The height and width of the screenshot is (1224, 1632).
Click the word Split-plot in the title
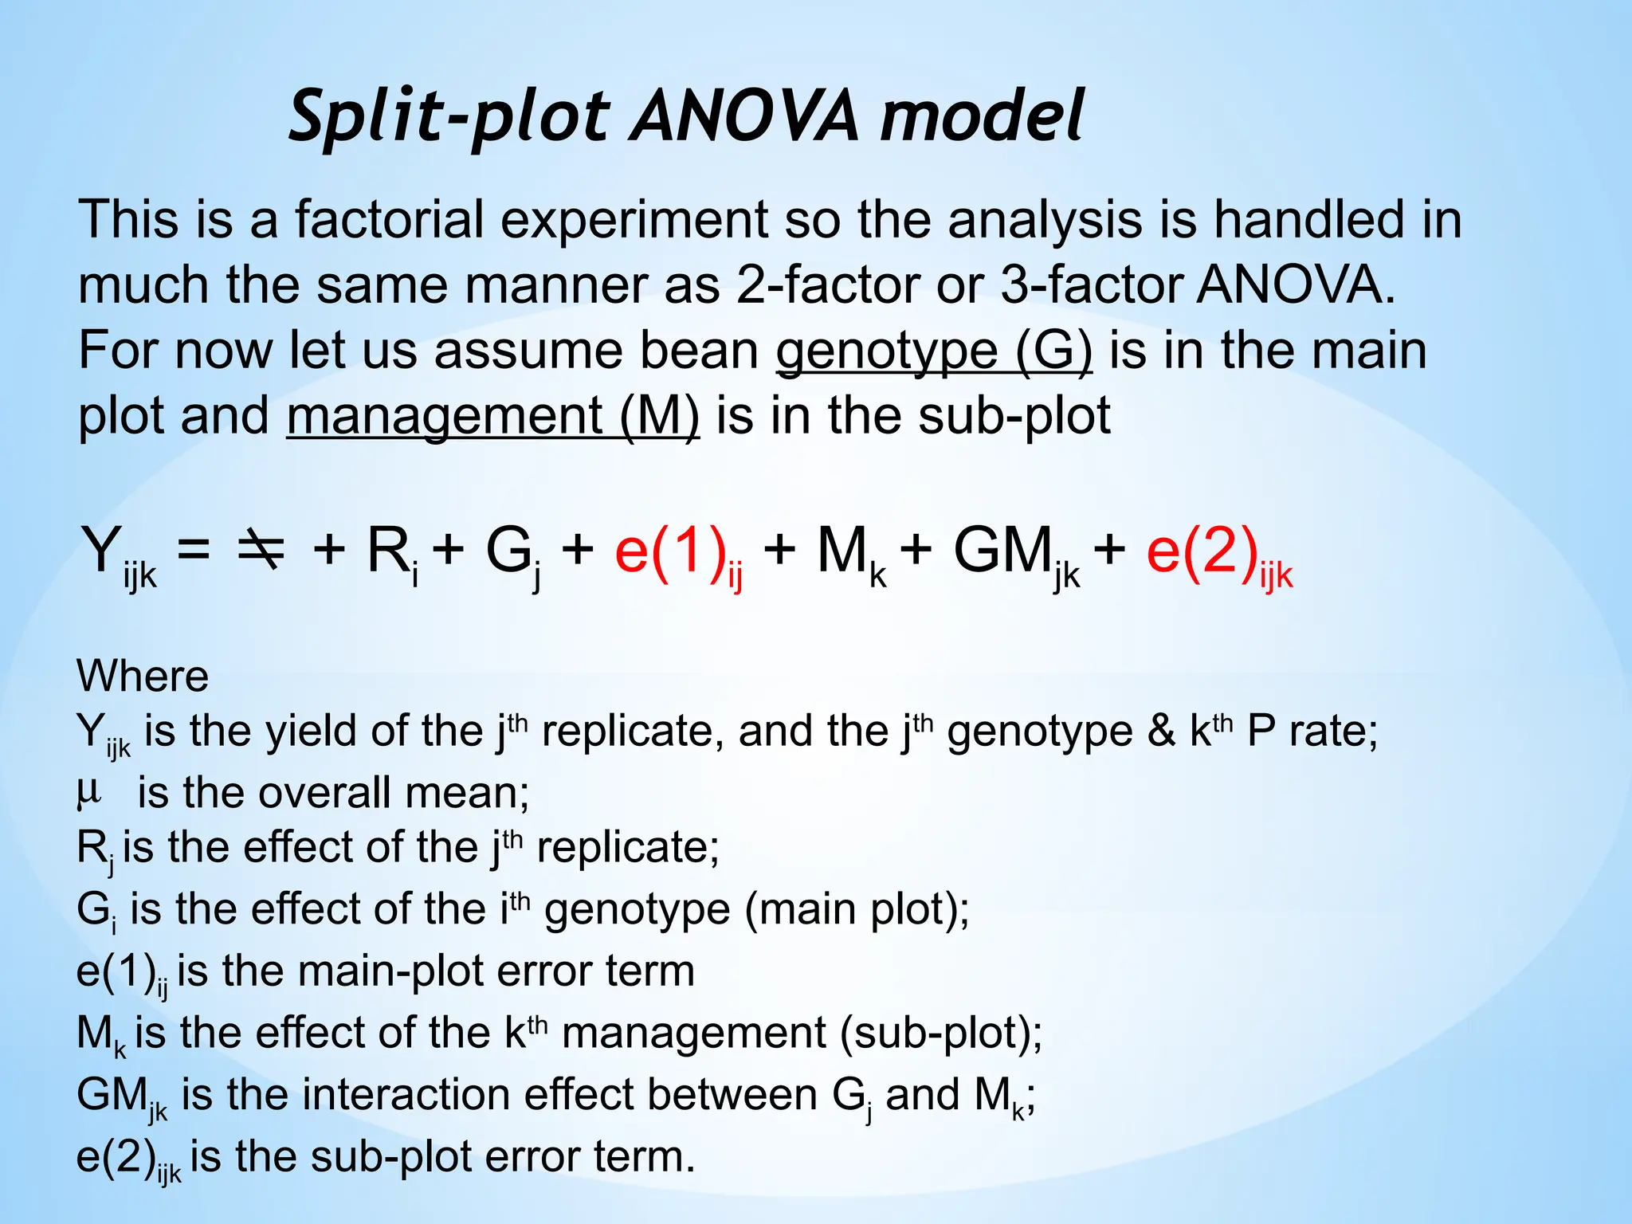point(449,117)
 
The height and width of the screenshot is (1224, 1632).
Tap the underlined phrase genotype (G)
point(934,351)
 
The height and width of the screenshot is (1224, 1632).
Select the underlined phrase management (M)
point(492,416)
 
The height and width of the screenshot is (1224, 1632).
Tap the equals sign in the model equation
point(194,550)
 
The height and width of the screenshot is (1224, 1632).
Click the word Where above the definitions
point(143,677)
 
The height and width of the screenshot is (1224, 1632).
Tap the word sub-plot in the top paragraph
point(1014,416)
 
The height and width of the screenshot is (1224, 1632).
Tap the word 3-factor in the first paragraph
point(1090,285)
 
